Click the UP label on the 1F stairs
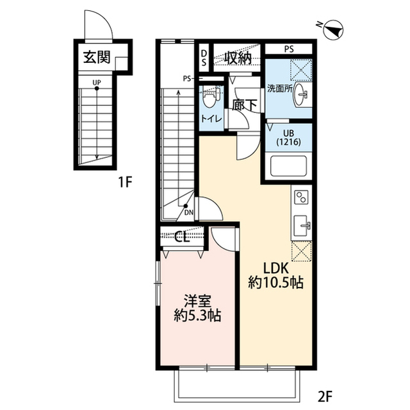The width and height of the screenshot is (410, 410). (x=97, y=83)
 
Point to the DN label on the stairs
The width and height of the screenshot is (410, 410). (x=189, y=212)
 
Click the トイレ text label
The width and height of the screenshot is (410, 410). (x=211, y=119)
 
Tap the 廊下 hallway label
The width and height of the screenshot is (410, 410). (x=245, y=105)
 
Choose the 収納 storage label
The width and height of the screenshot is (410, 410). (x=238, y=58)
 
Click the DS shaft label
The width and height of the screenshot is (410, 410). (x=204, y=58)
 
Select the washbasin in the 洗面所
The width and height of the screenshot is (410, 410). (x=302, y=94)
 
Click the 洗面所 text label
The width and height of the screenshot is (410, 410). (x=279, y=89)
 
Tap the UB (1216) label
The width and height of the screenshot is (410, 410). (x=288, y=138)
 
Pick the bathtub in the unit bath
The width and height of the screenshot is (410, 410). (x=288, y=166)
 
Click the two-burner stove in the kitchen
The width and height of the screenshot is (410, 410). (x=301, y=198)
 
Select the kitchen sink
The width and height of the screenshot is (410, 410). (x=302, y=225)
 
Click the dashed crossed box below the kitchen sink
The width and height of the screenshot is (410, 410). (x=302, y=252)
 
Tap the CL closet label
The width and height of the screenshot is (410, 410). (x=182, y=238)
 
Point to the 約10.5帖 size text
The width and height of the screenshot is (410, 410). (x=275, y=283)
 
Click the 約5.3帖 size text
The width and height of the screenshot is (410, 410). (x=197, y=316)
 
